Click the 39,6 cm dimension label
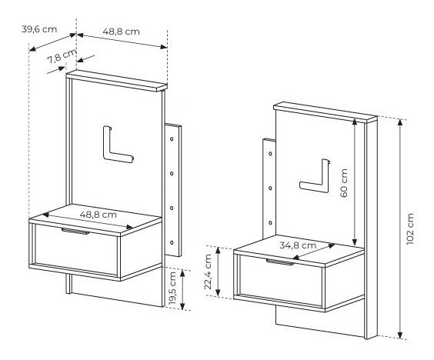[x=39, y=29]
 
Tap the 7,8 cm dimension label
[x=62, y=56]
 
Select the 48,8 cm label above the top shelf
[x=122, y=32]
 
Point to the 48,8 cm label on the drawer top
[x=98, y=215]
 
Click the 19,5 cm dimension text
[x=172, y=289]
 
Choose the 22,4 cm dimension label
[x=208, y=272]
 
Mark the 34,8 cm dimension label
[x=298, y=245]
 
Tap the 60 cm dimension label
[x=344, y=183]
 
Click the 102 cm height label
[x=410, y=229]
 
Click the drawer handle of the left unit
[x=75, y=231]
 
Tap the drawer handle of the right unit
[x=280, y=262]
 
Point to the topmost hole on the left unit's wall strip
[x=172, y=139]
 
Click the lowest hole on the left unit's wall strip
[x=172, y=242]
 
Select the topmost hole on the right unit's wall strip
[x=270, y=153]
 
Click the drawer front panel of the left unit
[x=76, y=250]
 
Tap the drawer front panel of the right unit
[x=281, y=281]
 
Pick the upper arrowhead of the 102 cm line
[x=400, y=122]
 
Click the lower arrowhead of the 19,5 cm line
[x=182, y=306]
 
